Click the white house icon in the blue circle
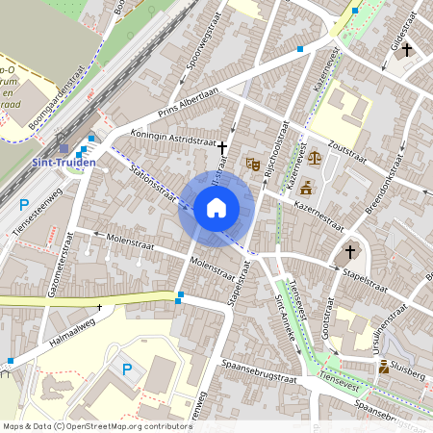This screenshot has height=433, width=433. click(216, 208)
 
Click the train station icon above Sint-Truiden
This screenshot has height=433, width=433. click(64, 149)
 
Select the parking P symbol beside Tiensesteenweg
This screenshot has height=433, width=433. click(23, 204)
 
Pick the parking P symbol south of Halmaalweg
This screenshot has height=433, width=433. click(124, 369)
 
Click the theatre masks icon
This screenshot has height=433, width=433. click(253, 164)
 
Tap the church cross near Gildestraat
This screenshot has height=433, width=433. click(407, 48)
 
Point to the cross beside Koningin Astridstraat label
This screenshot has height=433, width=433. click(223, 147)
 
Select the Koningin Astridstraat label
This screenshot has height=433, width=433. click(173, 140)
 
